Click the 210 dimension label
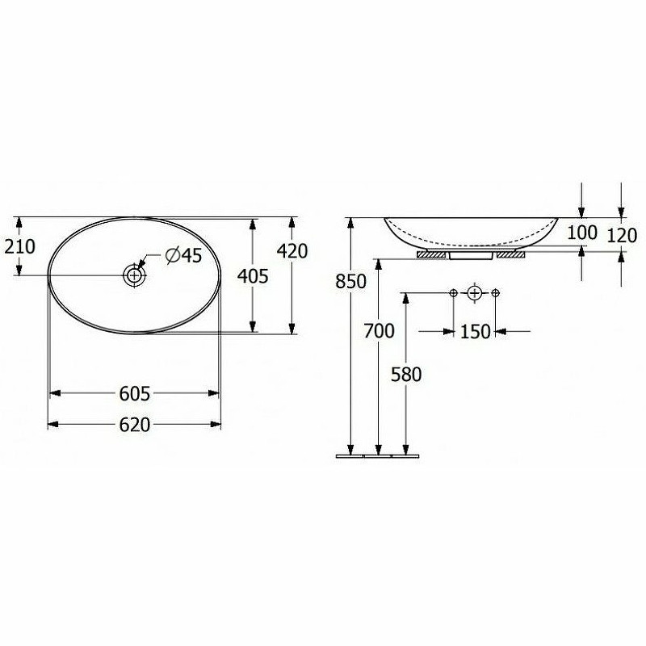[x=19, y=247]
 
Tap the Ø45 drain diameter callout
[x=183, y=255]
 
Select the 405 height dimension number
[x=253, y=276]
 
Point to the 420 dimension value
[x=292, y=251]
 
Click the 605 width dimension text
[x=135, y=394]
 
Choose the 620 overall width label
[x=135, y=425]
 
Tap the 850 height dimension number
[x=351, y=281]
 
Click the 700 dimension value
[x=379, y=330]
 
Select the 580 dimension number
[x=406, y=375]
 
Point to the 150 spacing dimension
[x=475, y=331]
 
